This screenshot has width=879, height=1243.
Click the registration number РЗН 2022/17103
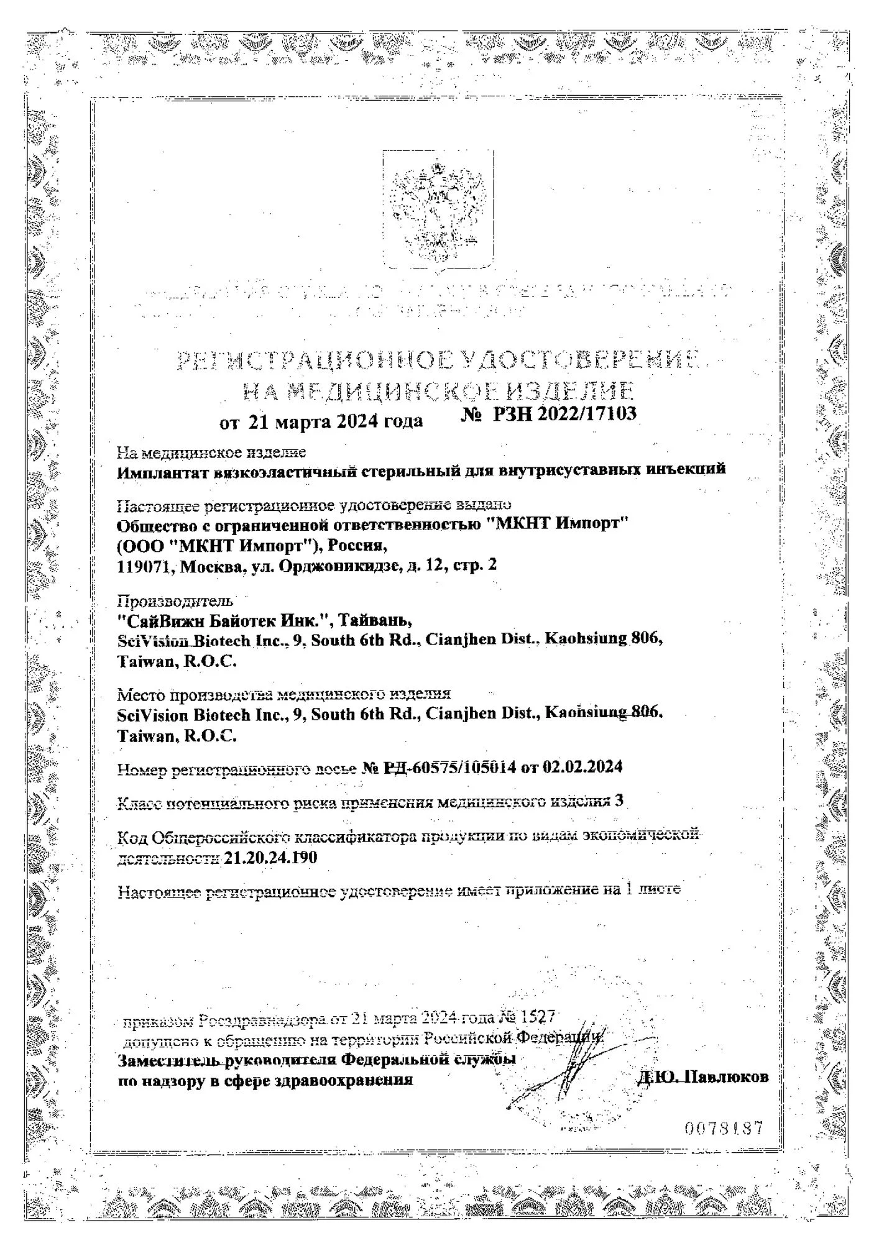tap(564, 415)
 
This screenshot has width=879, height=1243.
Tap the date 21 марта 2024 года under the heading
tap(336, 422)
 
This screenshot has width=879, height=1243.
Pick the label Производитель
tap(176, 601)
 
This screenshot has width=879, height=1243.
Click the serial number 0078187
tap(724, 1128)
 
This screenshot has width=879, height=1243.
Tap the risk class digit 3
tap(619, 801)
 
